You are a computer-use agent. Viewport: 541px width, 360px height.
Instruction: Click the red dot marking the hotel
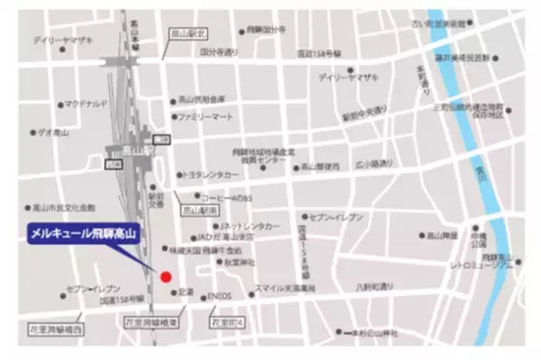point(165,277)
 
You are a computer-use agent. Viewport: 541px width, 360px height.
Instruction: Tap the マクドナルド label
point(87,103)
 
